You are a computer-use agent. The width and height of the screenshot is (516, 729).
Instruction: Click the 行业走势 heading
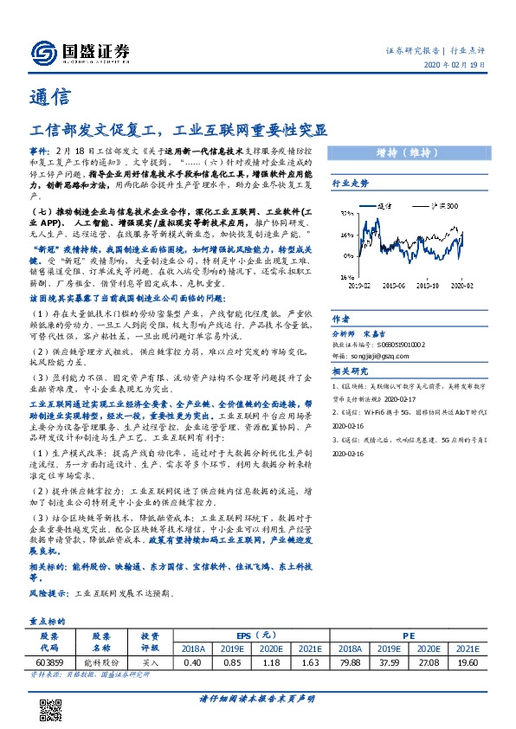click(351, 184)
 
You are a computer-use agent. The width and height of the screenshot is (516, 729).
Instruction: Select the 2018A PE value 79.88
click(350, 662)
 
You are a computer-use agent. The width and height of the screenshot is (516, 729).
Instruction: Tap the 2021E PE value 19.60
click(467, 662)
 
